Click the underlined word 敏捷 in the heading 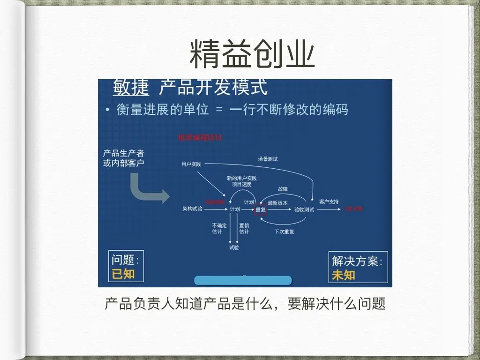tap(131, 88)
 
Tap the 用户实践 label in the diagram tap(191, 164)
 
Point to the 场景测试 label tap(267, 159)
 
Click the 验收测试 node tap(304, 210)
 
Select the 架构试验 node tap(192, 209)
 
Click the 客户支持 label tap(329, 202)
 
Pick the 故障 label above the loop tap(283, 189)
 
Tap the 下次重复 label tap(284, 231)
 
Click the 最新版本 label tap(277, 203)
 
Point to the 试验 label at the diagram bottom tap(234, 247)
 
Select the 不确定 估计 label tap(219, 228)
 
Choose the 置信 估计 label tap(244, 228)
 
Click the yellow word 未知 tap(343, 275)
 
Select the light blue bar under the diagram tap(243, 281)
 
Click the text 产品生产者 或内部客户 tap(124, 158)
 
